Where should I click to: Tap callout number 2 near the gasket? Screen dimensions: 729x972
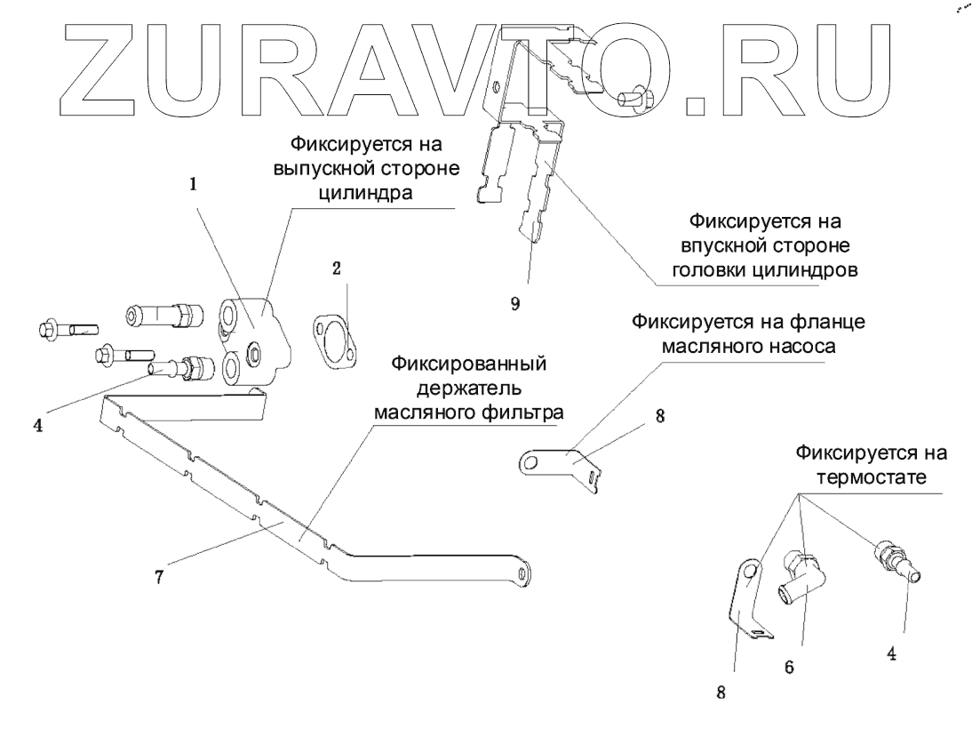(337, 268)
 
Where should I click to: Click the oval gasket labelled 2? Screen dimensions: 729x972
(333, 339)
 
